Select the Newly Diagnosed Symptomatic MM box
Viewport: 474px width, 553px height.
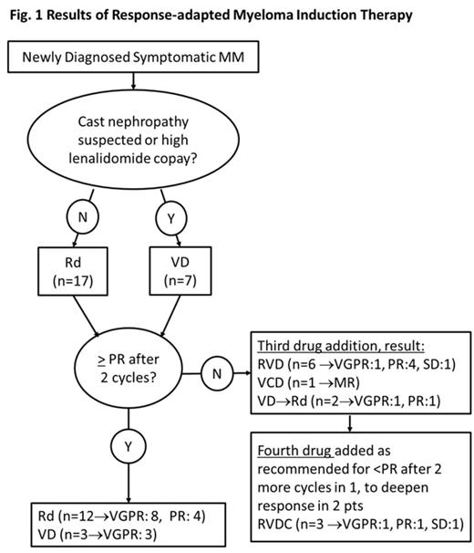(135, 60)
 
